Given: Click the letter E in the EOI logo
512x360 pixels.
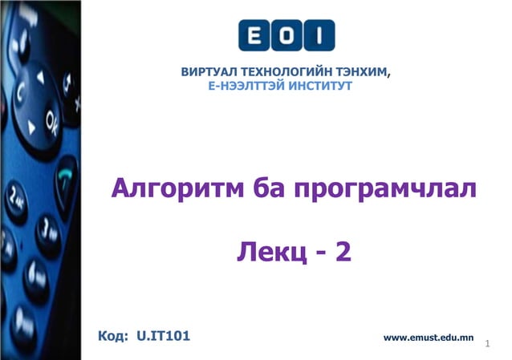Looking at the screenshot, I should click(x=256, y=35).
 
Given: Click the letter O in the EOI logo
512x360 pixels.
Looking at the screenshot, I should click(x=286, y=35).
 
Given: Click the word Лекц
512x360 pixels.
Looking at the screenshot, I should click(x=267, y=253).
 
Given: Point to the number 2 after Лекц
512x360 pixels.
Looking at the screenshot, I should click(x=343, y=253).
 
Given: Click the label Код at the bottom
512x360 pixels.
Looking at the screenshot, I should click(x=112, y=335).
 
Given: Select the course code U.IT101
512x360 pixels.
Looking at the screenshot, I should click(x=163, y=335).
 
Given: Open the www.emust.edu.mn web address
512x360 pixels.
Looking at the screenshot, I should click(x=429, y=338).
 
